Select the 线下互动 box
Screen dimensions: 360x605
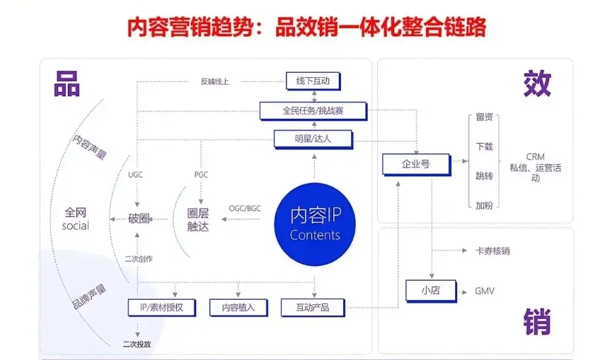click(313, 81)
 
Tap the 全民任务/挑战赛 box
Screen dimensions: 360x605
click(312, 110)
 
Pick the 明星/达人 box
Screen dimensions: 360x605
click(312, 139)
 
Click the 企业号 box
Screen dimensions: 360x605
click(416, 164)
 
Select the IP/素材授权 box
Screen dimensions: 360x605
click(162, 308)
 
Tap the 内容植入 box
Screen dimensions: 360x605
click(238, 308)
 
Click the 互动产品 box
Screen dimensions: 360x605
click(313, 308)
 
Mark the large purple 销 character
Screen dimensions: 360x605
click(537, 322)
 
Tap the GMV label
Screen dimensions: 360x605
click(485, 291)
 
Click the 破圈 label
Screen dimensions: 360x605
click(139, 219)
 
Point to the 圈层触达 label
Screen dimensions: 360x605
click(198, 219)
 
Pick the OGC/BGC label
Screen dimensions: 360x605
click(245, 208)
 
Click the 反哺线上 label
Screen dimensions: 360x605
click(214, 81)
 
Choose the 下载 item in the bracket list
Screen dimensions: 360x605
click(484, 146)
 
